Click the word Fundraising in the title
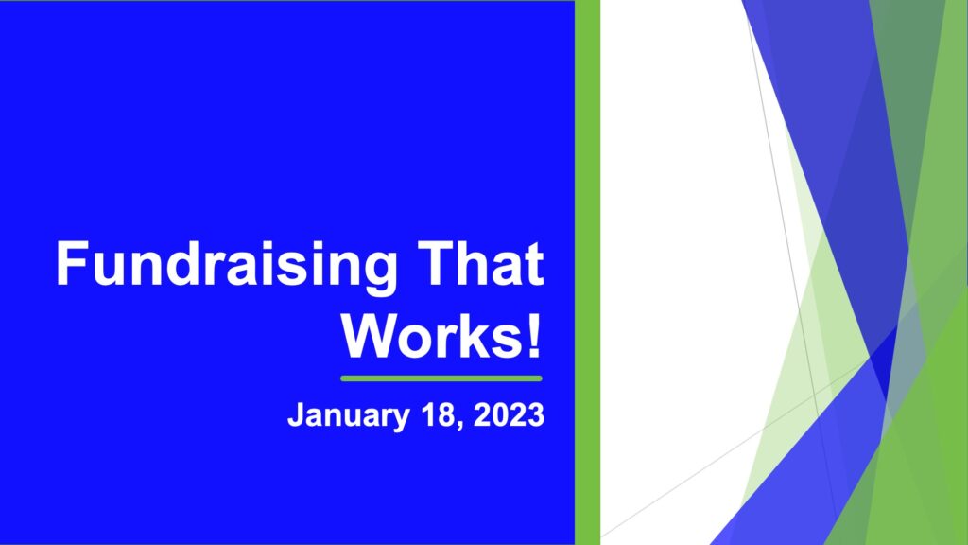(227, 266)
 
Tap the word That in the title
(480, 263)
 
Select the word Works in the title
(431, 336)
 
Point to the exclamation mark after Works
(534, 336)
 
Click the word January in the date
(348, 416)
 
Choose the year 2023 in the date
(509, 414)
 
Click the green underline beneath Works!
(441, 378)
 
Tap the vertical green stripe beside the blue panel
(587, 272)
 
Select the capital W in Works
(371, 336)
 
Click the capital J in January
(296, 415)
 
